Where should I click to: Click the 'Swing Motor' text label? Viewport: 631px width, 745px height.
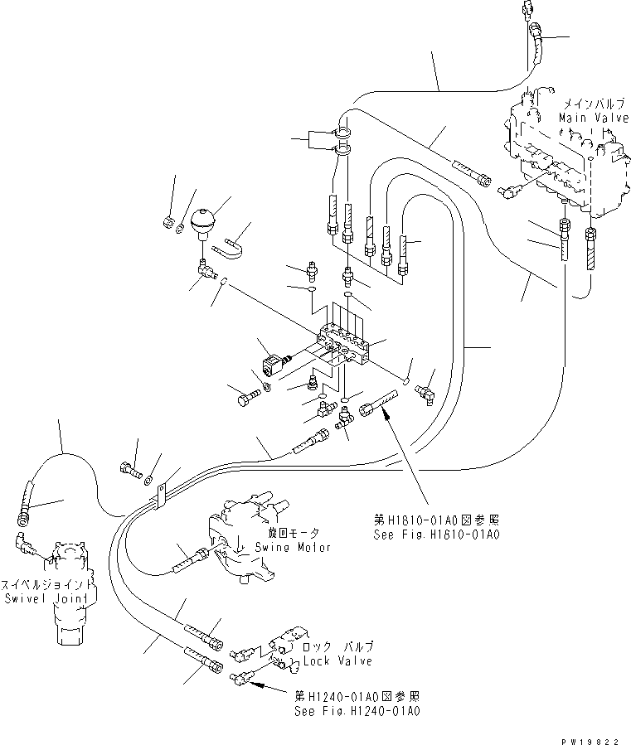[x=293, y=547]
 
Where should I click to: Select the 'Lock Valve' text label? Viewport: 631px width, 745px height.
[x=337, y=660]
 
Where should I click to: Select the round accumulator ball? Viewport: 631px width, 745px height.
[x=203, y=221]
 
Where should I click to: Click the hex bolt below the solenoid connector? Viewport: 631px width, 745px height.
[x=246, y=399]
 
